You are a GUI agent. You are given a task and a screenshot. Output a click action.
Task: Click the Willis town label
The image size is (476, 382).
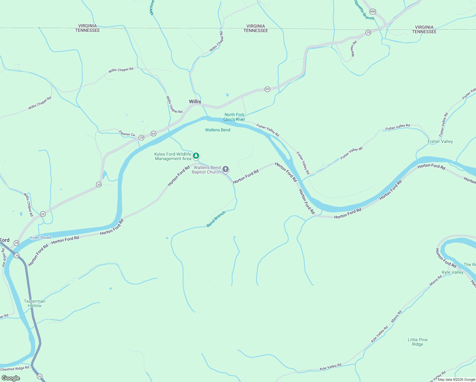point(195,102)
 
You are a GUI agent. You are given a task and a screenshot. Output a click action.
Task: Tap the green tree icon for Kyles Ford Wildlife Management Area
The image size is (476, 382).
point(196,156)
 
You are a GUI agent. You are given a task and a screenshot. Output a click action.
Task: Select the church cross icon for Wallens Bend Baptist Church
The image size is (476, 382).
point(226,169)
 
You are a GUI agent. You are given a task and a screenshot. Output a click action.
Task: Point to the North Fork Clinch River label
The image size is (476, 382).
point(234,117)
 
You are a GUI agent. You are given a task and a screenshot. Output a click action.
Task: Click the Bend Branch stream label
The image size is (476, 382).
point(216,219)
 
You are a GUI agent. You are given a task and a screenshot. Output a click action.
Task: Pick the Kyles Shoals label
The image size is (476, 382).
point(40,237)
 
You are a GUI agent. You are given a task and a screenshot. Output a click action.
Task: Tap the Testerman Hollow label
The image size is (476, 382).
point(34,303)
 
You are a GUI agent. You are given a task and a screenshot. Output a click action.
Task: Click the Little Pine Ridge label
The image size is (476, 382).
point(417,342)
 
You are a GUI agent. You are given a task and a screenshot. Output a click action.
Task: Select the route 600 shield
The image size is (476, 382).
point(373,11)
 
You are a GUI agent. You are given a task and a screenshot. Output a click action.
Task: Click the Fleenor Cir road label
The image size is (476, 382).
point(127,133)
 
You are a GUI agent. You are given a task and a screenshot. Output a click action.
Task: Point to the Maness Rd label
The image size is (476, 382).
point(354,49)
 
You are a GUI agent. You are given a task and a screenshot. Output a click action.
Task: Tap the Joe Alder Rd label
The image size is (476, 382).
point(4,258)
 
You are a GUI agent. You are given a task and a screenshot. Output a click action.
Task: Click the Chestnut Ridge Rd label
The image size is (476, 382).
point(15,369)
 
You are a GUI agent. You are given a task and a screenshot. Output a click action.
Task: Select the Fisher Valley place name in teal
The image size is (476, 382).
point(440,141)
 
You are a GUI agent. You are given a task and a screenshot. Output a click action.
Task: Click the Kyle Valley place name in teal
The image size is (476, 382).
point(452,272)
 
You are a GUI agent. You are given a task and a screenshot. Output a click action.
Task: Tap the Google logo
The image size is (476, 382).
point(10,378)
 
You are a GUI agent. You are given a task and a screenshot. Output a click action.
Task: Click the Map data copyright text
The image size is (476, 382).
point(456,379)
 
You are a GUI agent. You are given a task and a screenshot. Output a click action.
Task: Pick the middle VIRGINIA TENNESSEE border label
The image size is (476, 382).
point(255,28)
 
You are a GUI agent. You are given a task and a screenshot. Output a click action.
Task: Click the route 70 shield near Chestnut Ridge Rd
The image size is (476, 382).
point(39,377)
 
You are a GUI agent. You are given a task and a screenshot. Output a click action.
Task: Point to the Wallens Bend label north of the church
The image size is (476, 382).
point(218,130)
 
